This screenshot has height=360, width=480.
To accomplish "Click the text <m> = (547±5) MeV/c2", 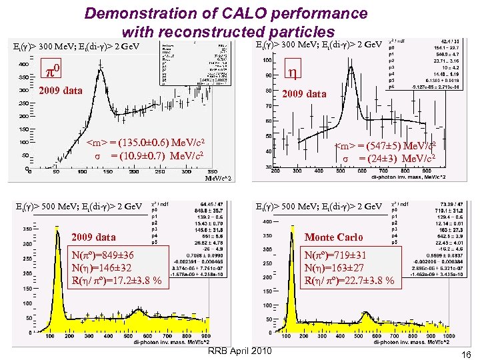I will tap(385, 145).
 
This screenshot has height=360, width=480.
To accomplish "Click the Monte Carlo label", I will tap(333, 237).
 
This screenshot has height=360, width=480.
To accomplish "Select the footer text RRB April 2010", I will tap(240, 351).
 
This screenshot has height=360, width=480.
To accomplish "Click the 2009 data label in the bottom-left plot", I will tap(93, 237).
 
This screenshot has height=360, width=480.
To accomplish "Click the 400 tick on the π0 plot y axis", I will tap(23, 65).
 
